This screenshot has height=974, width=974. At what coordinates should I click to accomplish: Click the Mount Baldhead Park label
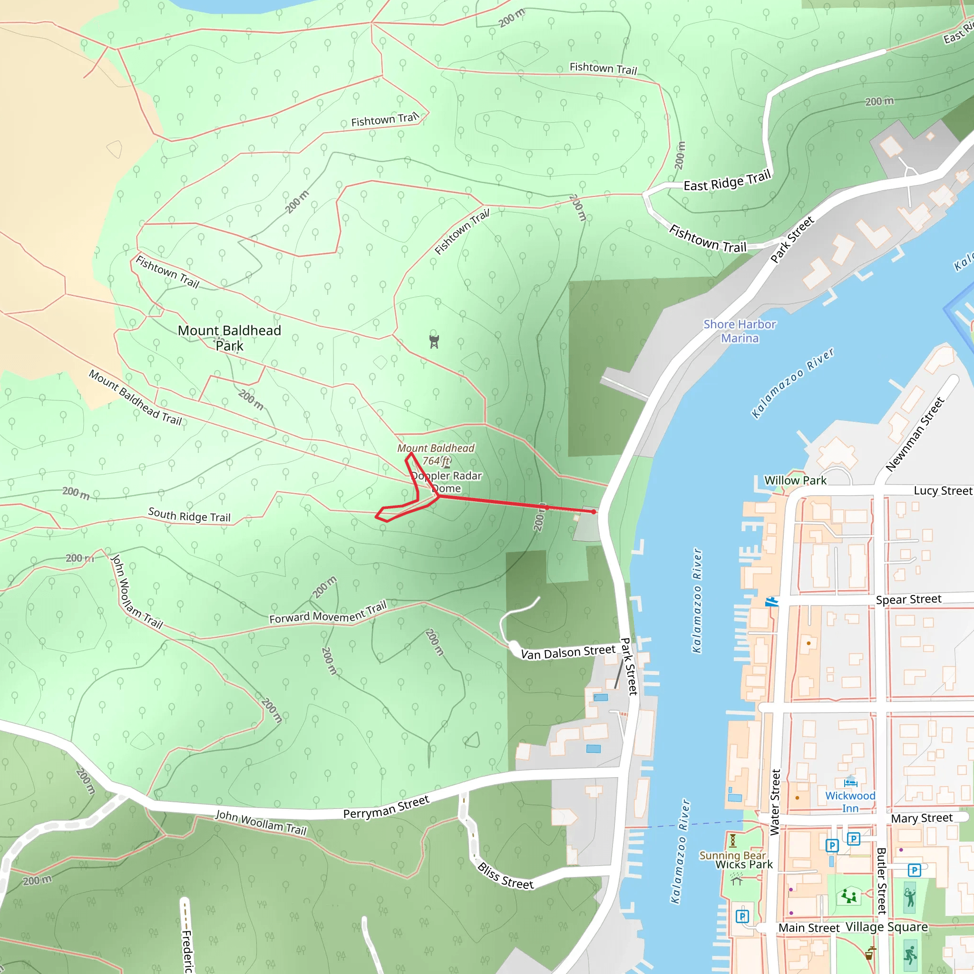229,338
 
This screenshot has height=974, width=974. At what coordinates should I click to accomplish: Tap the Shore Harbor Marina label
740,331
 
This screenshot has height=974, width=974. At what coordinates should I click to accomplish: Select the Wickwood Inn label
850,801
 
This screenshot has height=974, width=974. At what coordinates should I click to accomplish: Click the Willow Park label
795,480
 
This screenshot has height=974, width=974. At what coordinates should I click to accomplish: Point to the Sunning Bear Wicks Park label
736,859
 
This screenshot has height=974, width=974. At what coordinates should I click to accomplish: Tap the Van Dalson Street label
568,653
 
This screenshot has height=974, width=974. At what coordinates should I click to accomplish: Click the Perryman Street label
386,807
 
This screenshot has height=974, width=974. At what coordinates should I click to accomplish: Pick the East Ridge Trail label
727,180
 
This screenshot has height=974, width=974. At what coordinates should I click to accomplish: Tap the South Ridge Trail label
189,515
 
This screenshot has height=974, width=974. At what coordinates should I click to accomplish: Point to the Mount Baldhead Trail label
135,398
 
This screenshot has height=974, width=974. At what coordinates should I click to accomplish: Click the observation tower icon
434,341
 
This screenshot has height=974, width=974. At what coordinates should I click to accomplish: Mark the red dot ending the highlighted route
594,512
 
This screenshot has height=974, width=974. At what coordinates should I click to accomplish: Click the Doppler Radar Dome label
447,482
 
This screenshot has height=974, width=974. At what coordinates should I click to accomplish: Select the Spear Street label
908,599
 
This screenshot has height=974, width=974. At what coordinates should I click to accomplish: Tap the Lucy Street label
943,490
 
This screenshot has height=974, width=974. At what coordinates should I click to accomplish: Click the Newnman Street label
915,435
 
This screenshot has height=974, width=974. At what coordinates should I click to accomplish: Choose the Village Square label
887,927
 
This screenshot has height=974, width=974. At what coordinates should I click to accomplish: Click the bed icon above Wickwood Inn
850,782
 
